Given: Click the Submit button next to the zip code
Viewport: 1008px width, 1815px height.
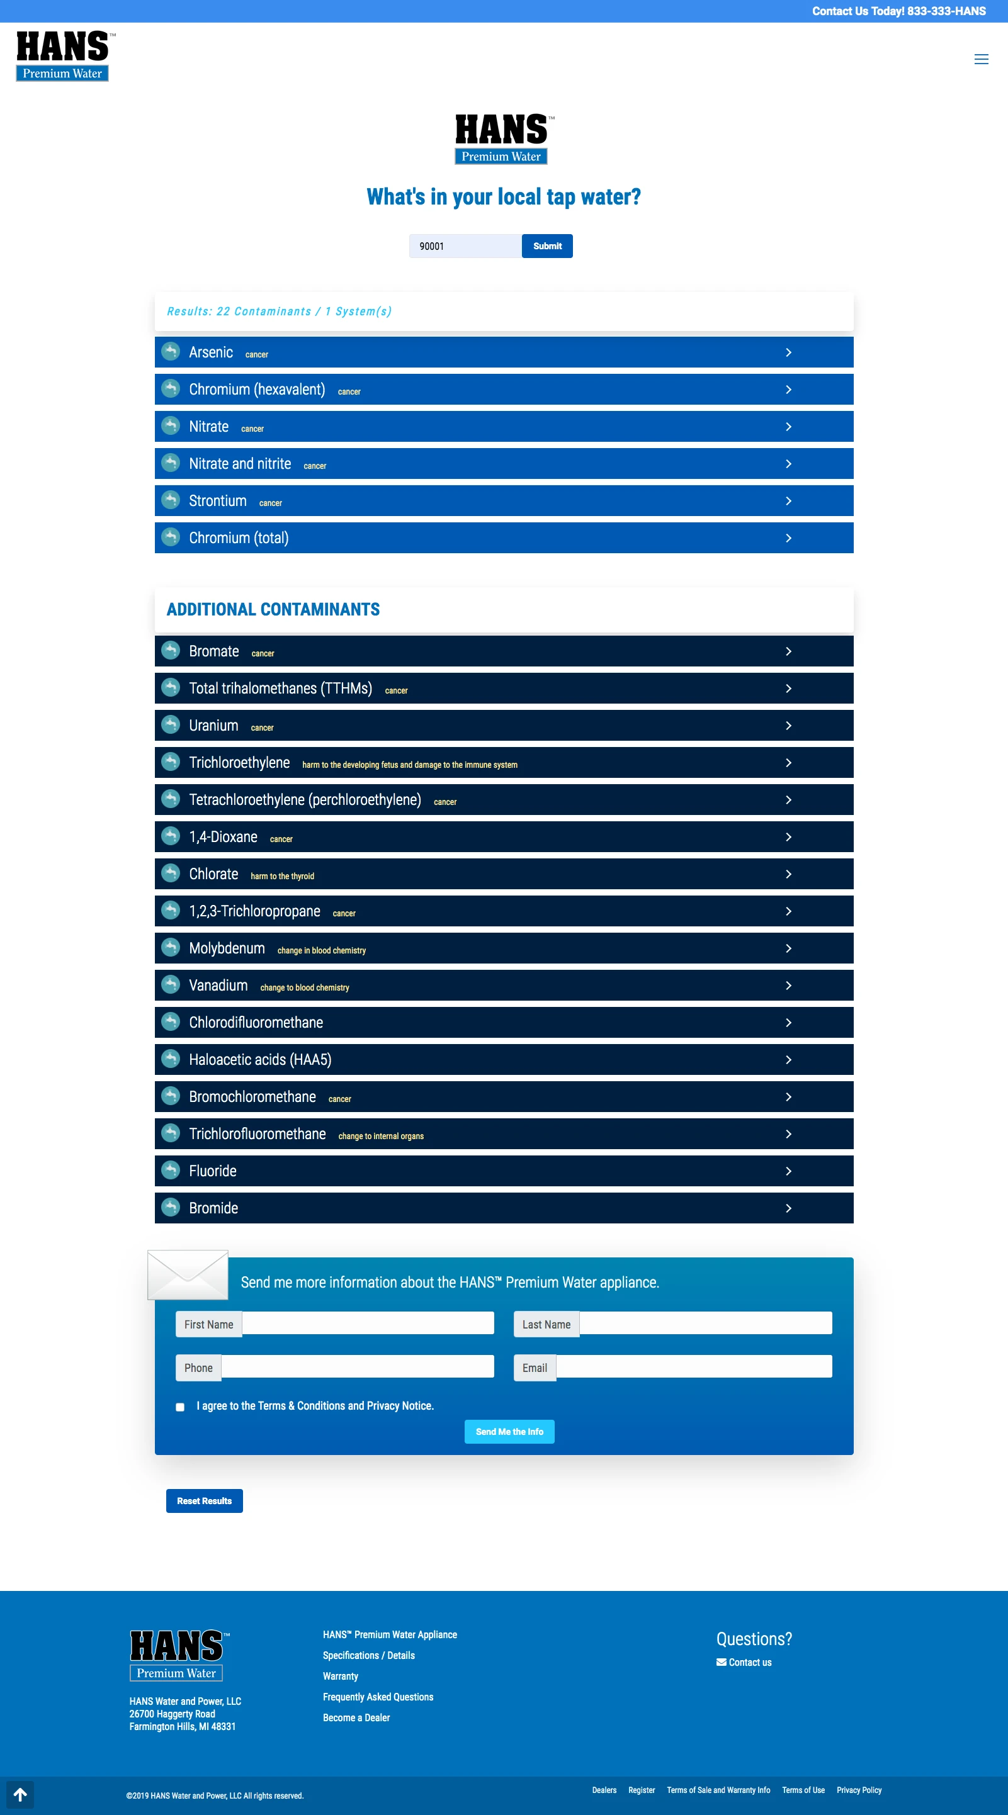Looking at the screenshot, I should [547, 246].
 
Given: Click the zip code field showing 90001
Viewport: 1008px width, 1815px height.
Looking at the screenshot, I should [465, 246].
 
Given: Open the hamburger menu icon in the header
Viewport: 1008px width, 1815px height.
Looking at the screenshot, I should [980, 59].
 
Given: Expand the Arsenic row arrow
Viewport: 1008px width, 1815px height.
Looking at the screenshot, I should [788, 352].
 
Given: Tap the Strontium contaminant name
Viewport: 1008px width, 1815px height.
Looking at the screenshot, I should [217, 501].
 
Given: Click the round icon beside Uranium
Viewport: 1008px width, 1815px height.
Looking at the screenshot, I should [171, 724].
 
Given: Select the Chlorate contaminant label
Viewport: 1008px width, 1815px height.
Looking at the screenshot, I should [213, 874].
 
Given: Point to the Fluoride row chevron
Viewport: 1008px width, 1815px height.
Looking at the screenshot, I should [788, 1171].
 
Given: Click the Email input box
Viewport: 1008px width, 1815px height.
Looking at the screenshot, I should [694, 1366].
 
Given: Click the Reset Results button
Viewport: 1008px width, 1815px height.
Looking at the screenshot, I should [205, 1500].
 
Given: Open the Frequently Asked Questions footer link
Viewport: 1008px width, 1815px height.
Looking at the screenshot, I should [378, 1697].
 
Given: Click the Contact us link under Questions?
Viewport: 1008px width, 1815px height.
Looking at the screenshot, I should [749, 1662].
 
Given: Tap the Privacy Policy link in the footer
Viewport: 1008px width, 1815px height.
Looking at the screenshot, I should [859, 1790].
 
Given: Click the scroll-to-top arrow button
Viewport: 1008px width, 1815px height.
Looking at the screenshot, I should [20, 1795].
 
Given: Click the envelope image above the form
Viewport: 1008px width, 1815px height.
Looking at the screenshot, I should [188, 1274].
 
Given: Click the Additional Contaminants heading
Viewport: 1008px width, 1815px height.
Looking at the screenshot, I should [273, 609].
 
